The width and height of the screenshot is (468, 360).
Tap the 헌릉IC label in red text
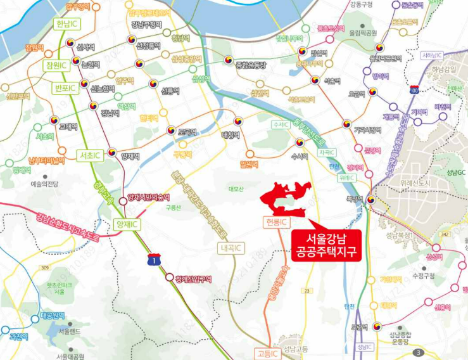(x=275, y=222)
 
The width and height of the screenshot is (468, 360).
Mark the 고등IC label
(x=267, y=353)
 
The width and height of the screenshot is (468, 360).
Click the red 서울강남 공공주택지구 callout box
(x=323, y=245)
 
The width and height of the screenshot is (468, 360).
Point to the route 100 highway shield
(x=414, y=88)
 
